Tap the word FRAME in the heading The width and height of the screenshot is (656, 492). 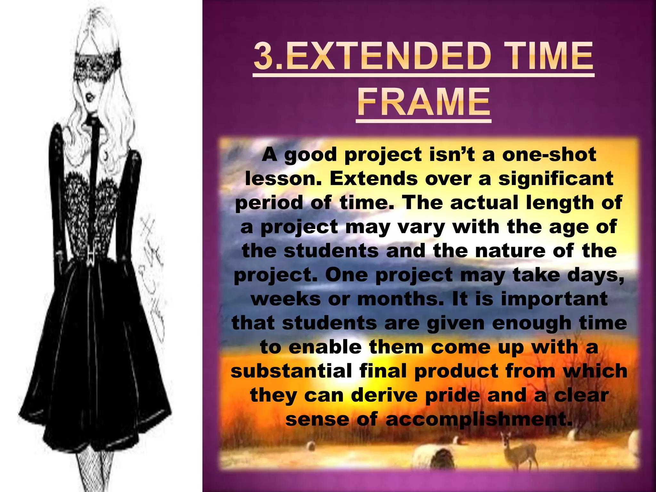tap(423, 102)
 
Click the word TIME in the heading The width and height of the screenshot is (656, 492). tap(550, 57)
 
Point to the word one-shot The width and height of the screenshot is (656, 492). tap(549, 154)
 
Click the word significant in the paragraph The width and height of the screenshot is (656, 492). tap(556, 178)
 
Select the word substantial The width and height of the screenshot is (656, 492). tap(291, 371)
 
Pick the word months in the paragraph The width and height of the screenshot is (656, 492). tap(400, 299)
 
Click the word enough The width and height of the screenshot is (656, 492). tap(532, 323)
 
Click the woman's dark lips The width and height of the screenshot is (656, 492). tap(90, 97)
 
